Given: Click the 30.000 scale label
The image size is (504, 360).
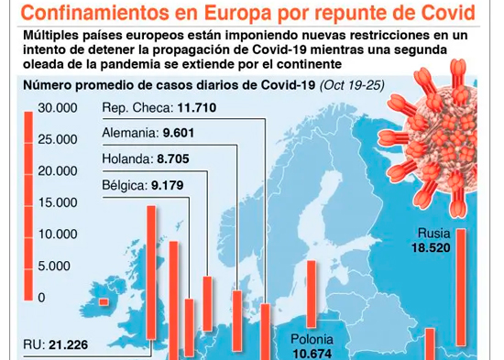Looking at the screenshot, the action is (58, 108).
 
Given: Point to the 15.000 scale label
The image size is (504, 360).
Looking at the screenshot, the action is (58, 202).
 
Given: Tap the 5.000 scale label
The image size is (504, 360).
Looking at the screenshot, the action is (54, 266).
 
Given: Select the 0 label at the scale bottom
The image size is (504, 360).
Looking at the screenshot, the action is (41, 298).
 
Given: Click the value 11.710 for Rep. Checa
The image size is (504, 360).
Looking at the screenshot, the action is (197, 107).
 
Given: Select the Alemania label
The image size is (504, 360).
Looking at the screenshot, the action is (131, 133).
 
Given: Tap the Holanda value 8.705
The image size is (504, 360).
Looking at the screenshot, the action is (173, 158).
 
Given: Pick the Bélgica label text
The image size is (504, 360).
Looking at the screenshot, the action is (125, 185).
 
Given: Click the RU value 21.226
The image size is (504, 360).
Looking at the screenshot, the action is (69, 345).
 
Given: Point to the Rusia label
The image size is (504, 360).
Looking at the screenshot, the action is (433, 234).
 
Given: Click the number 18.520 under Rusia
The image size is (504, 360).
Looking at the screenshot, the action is (431, 248).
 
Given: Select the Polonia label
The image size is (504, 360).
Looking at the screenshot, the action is (312, 340).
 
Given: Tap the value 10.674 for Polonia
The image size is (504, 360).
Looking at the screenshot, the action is (312, 354).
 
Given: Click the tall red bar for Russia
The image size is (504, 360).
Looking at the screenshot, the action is (461, 288).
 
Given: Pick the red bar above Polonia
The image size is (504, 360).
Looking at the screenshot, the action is (312, 294).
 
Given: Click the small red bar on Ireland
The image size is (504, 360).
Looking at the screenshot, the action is (104, 301).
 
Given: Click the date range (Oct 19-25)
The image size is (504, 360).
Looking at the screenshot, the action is (352, 85).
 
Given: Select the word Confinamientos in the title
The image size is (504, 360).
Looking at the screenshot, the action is (94, 13).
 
